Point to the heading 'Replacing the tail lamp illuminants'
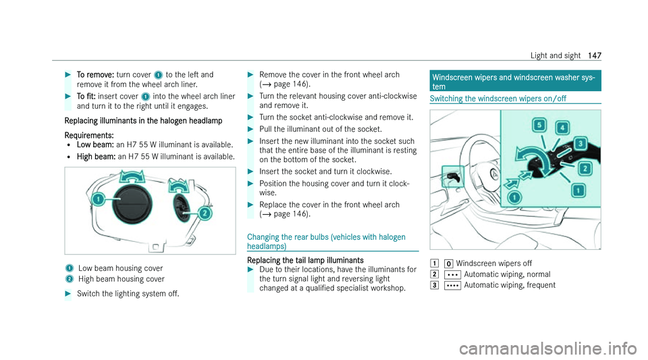[305, 260]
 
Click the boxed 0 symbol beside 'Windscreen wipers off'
[449, 263]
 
